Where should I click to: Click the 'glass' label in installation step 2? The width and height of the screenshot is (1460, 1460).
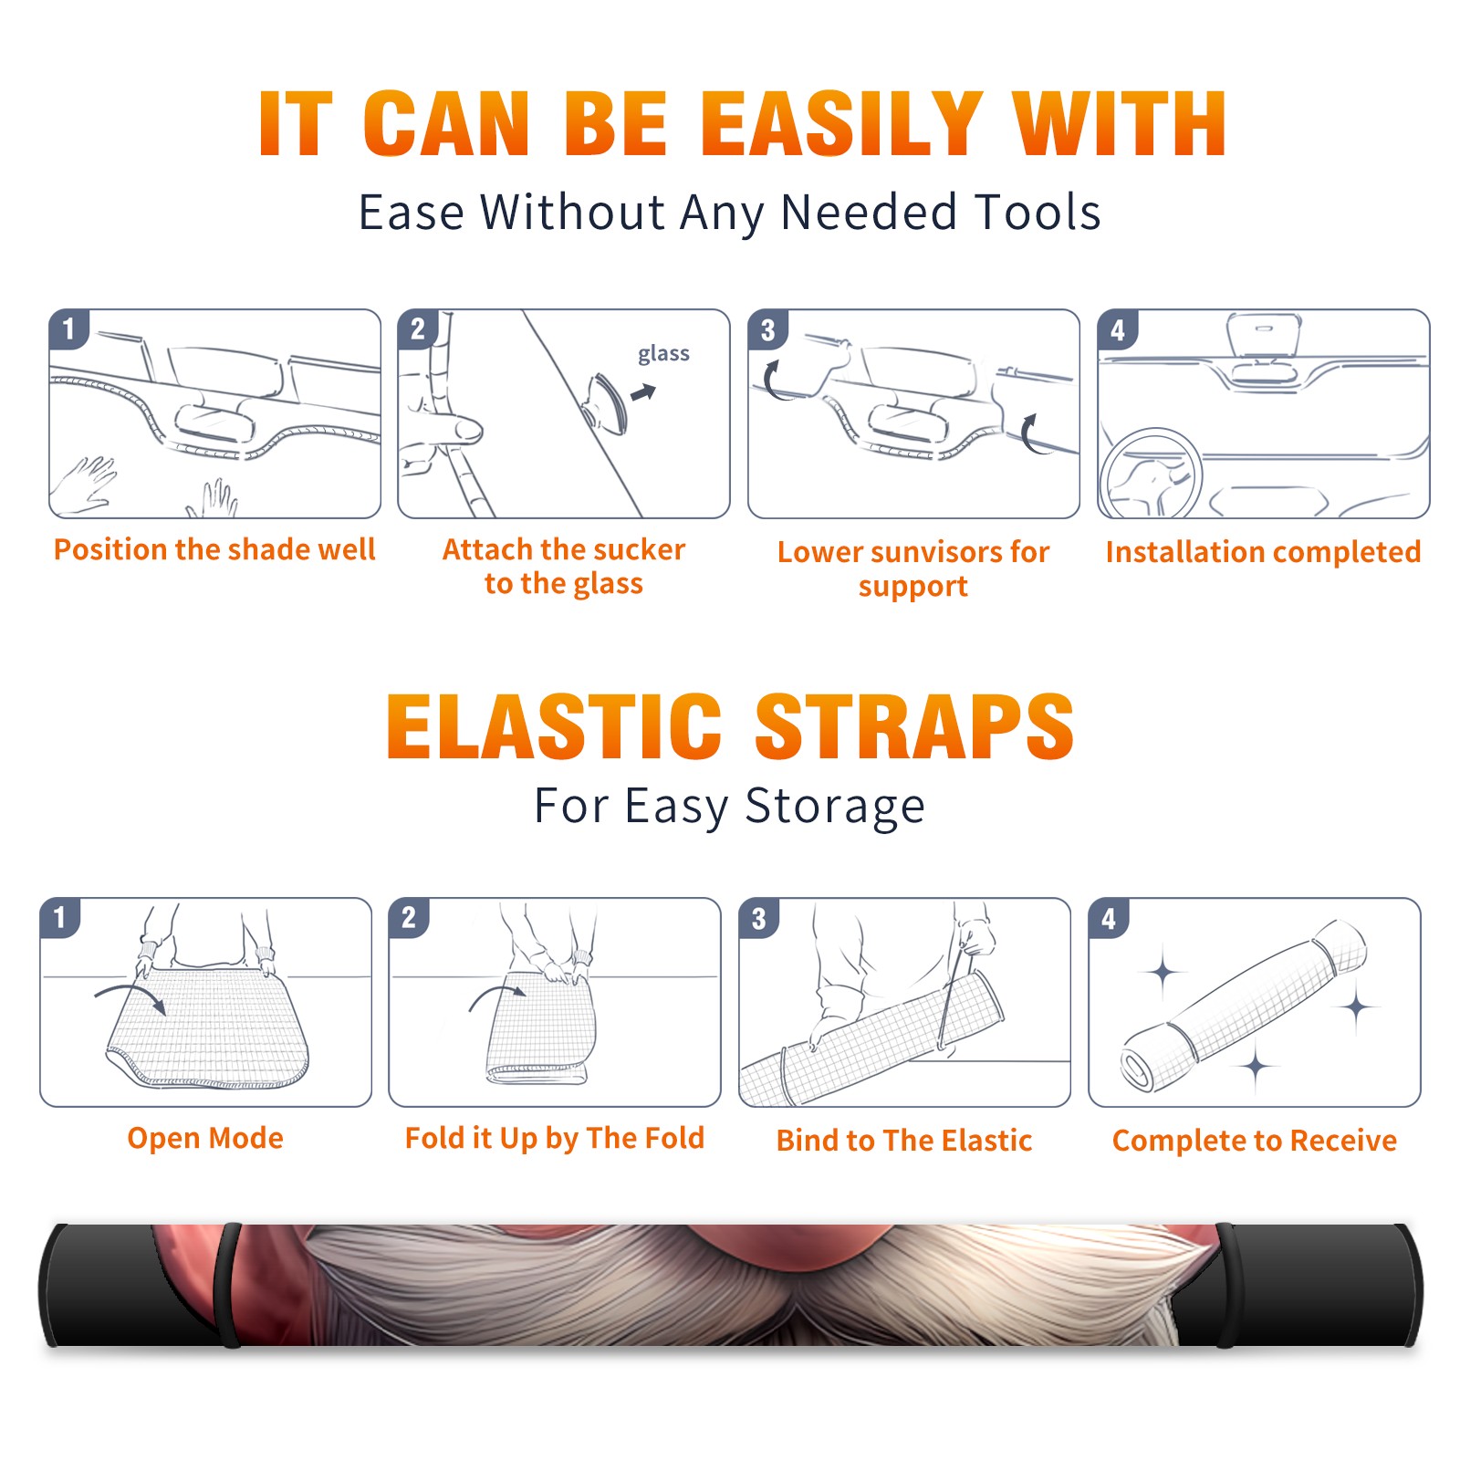click(663, 354)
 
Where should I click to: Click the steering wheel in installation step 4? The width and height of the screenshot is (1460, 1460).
click(1151, 474)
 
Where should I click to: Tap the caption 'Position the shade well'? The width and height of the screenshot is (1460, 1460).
click(214, 549)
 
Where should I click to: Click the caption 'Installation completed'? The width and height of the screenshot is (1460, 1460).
click(1263, 551)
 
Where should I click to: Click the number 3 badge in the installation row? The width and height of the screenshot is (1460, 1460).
click(767, 329)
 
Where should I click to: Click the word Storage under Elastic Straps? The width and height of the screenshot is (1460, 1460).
click(835, 807)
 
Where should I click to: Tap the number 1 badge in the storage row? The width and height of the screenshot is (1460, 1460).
click(60, 917)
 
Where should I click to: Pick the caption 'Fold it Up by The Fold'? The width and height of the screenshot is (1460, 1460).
click(555, 1138)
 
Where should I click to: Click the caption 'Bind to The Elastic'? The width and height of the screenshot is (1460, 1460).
click(904, 1141)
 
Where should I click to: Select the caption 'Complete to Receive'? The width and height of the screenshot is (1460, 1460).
click(1255, 1141)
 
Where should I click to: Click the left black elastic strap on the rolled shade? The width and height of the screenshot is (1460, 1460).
click(228, 1285)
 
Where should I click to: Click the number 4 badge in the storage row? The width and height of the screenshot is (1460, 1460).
click(1109, 917)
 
